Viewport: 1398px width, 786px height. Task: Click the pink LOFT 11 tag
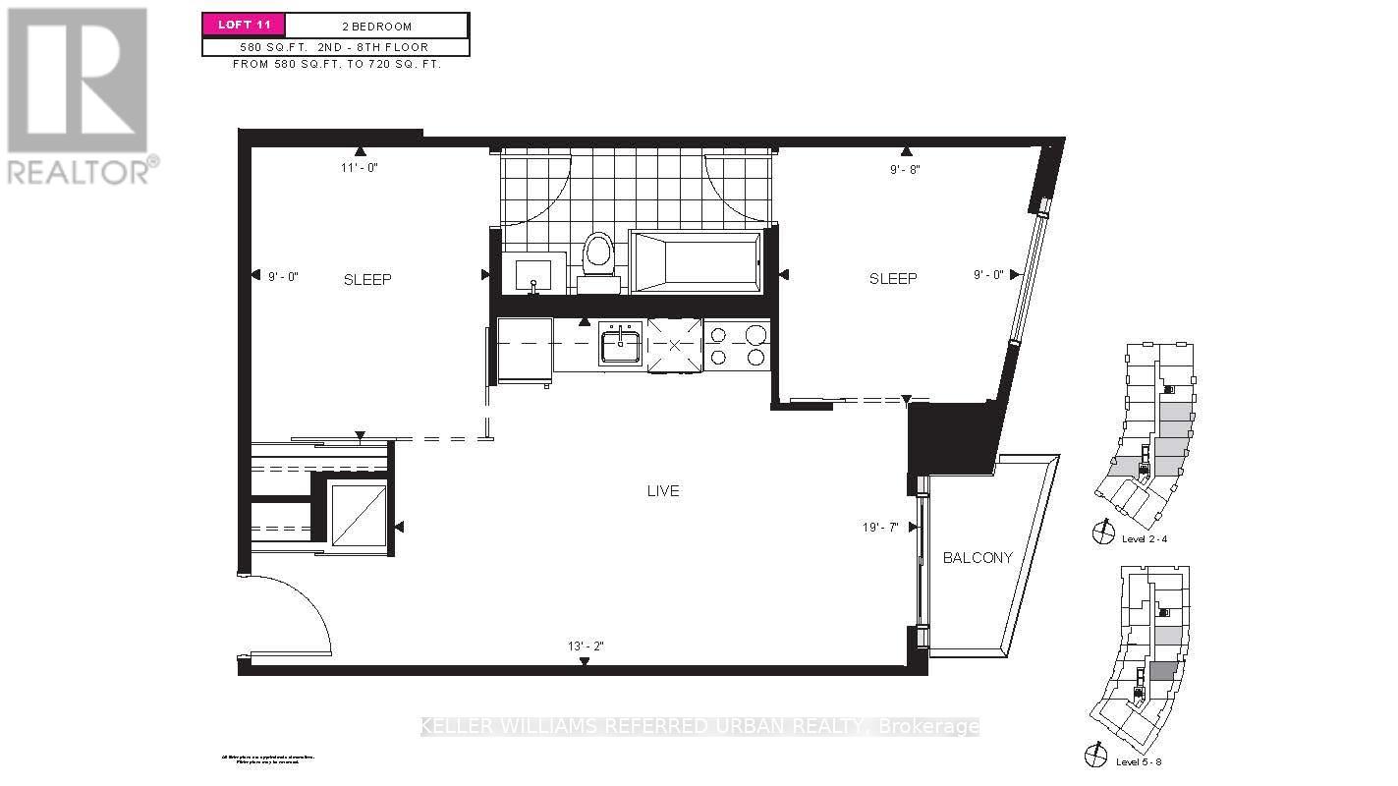[x=243, y=25]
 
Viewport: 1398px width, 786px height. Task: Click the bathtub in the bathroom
[x=695, y=261]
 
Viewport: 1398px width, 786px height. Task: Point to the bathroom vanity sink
[x=534, y=273]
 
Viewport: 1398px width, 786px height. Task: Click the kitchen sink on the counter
[x=620, y=346]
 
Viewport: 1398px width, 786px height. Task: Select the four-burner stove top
[x=737, y=346]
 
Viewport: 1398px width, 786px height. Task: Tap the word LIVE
[x=663, y=491]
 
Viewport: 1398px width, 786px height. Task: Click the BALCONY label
[x=977, y=558]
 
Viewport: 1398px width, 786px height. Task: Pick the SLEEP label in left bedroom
[x=367, y=280]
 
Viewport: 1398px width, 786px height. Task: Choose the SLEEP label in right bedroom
[x=893, y=279]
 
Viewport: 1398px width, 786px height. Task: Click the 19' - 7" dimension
[x=879, y=528]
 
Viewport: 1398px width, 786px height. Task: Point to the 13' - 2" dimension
[x=585, y=646]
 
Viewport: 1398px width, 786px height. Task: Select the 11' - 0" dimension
[x=360, y=168]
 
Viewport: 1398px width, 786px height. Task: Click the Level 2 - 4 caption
[x=1145, y=538]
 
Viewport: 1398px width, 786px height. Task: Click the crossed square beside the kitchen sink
[x=674, y=345]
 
